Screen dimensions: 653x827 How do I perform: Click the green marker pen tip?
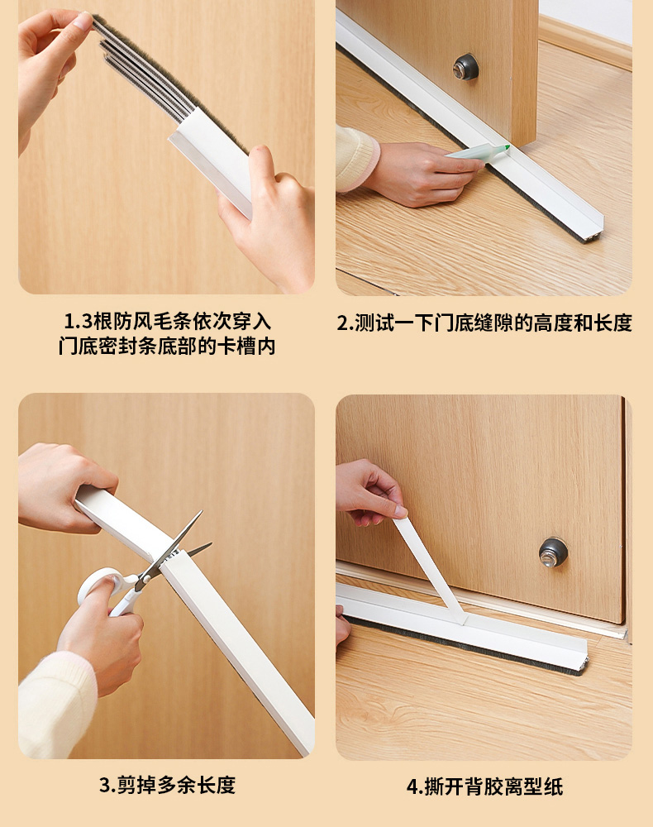(507, 148)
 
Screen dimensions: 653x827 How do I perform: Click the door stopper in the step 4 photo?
(553, 552)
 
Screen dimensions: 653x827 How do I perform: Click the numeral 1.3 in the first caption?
(78, 321)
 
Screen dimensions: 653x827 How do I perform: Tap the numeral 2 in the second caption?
(342, 323)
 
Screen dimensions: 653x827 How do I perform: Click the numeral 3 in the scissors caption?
(104, 786)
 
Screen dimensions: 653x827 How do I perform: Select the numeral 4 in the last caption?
(412, 786)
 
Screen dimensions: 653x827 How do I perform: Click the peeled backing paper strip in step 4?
(429, 567)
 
